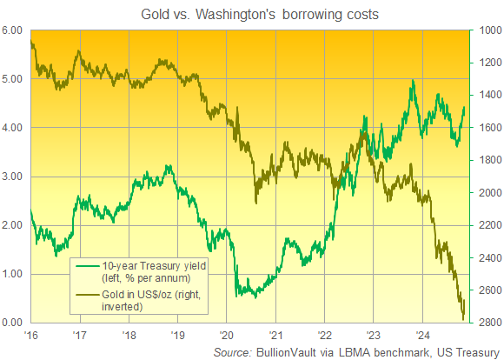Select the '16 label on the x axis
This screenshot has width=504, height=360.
click(x=31, y=335)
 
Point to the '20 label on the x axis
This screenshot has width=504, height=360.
click(x=226, y=335)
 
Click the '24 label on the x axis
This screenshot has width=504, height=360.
click(x=421, y=335)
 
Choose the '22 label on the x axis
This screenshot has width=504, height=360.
click(x=323, y=335)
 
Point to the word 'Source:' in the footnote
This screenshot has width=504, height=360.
click(x=234, y=351)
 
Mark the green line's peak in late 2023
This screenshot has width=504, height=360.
click(x=413, y=81)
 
